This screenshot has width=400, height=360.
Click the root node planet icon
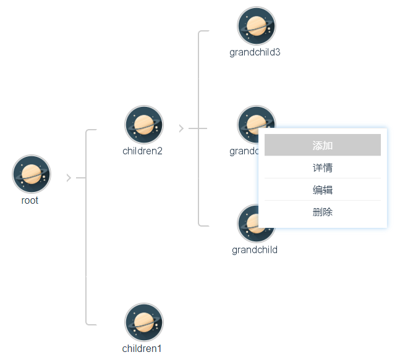(x=31, y=174)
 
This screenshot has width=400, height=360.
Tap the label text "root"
(x=30, y=201)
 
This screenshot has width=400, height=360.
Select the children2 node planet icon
(x=143, y=124)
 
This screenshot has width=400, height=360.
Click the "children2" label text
(x=142, y=151)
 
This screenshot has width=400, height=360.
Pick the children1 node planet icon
(x=143, y=322)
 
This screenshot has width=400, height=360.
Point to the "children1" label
(x=142, y=349)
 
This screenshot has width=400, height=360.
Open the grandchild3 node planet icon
(x=256, y=25)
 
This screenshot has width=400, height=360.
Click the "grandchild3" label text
(x=255, y=52)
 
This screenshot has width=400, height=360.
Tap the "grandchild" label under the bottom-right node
(x=255, y=250)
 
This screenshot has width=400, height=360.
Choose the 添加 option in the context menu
(x=322, y=145)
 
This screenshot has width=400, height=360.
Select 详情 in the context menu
(x=322, y=167)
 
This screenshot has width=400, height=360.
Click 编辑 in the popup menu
(x=322, y=190)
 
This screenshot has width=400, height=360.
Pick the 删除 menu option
(x=322, y=212)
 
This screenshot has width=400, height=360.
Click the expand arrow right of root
(x=69, y=178)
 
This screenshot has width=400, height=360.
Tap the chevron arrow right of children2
(x=181, y=128)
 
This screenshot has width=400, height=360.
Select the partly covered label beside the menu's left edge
(x=244, y=151)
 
